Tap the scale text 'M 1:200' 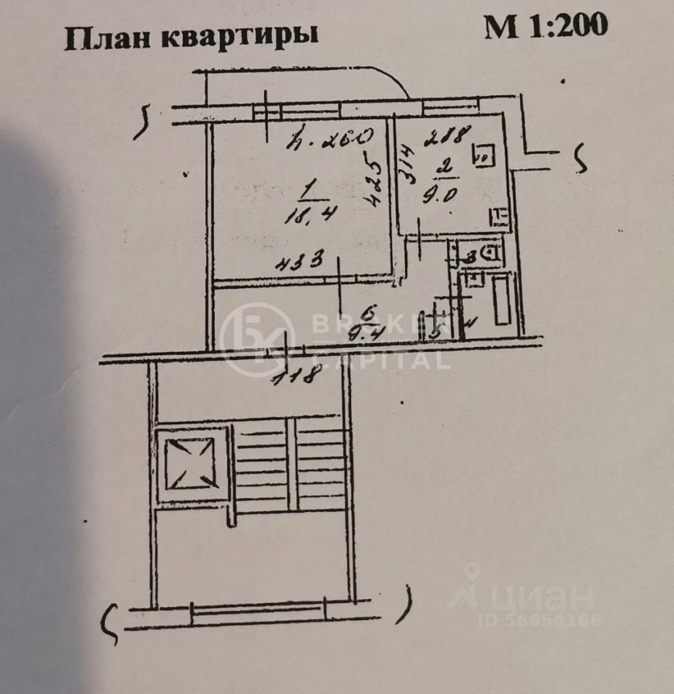[546, 27]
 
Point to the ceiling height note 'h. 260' [331, 135]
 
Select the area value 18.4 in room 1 [305, 213]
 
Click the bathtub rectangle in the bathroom [502, 304]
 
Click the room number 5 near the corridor [435, 333]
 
